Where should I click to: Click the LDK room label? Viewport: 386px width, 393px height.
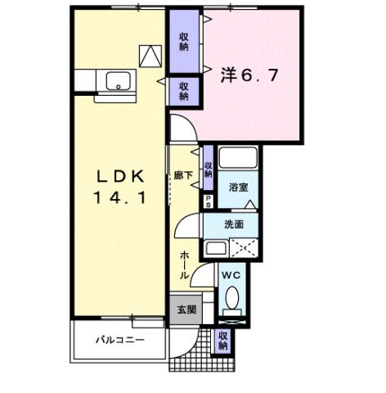(122, 176)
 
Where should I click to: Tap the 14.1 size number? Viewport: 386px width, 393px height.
(122, 196)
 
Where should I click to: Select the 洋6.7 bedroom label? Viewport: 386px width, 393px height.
(251, 75)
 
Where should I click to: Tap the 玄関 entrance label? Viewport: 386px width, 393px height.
(186, 309)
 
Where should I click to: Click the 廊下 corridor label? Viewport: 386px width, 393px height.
(184, 174)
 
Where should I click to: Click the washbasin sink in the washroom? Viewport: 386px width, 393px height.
(215, 248)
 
